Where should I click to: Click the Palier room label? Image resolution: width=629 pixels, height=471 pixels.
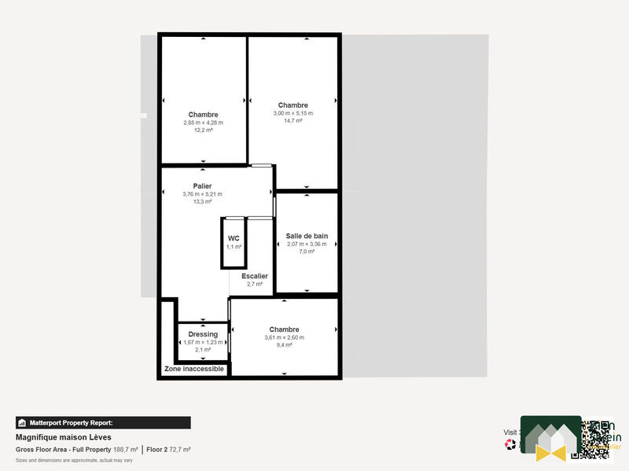203,186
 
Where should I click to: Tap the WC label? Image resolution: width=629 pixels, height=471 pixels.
234,238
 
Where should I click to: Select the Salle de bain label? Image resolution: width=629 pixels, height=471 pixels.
307,236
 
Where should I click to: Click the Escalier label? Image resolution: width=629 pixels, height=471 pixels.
255,276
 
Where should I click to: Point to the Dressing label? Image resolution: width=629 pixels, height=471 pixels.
203,334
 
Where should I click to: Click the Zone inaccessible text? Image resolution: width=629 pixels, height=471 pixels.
194,369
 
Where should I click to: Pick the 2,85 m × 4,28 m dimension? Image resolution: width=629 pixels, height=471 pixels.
203,123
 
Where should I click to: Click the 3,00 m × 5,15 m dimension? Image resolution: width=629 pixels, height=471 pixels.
293,113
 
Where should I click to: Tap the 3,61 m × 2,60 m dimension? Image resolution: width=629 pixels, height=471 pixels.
284,337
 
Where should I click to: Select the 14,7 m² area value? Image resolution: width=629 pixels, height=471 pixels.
293,120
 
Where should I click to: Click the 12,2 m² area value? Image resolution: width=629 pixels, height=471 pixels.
203,130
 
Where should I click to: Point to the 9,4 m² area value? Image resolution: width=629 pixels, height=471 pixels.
284,344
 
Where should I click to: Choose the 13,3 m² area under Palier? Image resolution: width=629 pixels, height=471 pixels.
203,201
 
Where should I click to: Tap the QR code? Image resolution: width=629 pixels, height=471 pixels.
594,439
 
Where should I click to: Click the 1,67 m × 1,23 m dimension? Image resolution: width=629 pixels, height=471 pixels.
203,342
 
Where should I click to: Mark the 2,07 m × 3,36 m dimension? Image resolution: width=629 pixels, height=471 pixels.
307,244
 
